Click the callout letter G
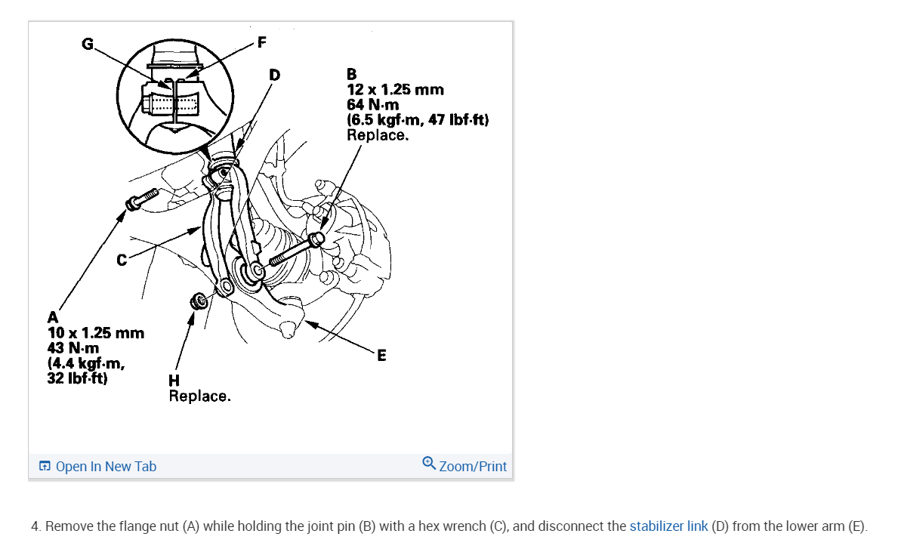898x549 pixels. (x=88, y=45)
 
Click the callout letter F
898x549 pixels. (x=262, y=42)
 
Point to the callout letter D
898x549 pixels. (x=273, y=74)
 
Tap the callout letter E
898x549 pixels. (x=381, y=355)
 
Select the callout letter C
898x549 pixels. (x=121, y=261)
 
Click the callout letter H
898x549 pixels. (x=174, y=381)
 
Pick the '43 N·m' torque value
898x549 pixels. (x=73, y=348)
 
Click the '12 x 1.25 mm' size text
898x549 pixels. (x=395, y=90)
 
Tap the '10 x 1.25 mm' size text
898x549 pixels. (x=95, y=333)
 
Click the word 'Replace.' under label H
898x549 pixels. (x=199, y=396)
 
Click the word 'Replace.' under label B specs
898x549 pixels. (x=378, y=135)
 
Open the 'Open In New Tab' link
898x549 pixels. (x=106, y=466)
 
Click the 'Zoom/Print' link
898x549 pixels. (x=473, y=466)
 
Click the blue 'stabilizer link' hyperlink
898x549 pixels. (x=668, y=526)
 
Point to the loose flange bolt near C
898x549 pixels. (x=142, y=199)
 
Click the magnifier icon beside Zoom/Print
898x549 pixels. (x=429, y=463)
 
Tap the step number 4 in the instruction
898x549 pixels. (x=35, y=526)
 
